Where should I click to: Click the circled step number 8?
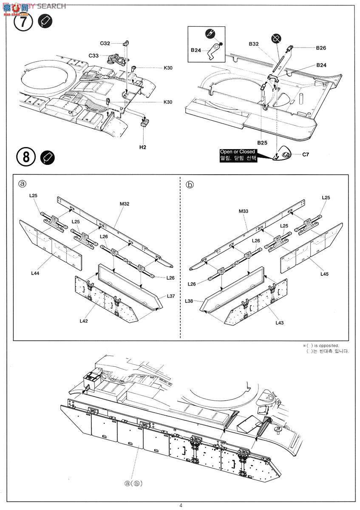[26, 157]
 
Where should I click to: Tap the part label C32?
[105, 43]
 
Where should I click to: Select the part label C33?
[94, 56]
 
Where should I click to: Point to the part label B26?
[321, 48]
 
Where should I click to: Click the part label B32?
[254, 44]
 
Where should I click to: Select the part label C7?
[305, 154]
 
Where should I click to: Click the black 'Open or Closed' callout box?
[238, 155]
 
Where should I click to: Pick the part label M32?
[125, 204]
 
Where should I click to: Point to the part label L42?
[83, 320]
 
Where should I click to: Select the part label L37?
[171, 296]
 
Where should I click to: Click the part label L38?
[190, 300]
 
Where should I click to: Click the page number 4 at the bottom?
[181, 505]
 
